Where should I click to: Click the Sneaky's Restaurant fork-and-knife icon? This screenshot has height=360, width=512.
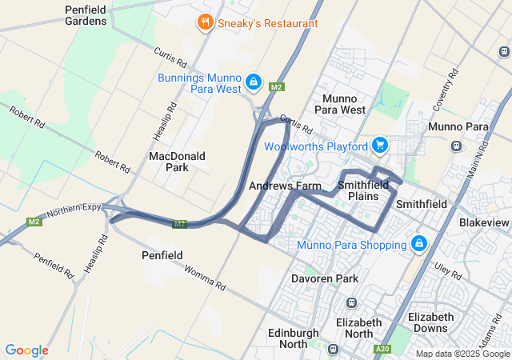coord(206,22)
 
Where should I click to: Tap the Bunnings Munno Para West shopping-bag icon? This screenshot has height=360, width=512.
coord(254,82)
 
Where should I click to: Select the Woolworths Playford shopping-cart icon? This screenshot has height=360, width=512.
coord(379,146)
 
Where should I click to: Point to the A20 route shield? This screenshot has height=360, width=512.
coord(382,348)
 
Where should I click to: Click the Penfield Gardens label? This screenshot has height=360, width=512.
coord(86,15)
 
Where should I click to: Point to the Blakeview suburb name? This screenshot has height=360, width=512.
coord(483,222)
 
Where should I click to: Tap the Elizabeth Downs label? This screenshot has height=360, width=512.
coord(430,322)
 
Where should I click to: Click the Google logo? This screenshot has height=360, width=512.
coord(26,350)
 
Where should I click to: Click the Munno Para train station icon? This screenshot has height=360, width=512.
coord(455,146)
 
